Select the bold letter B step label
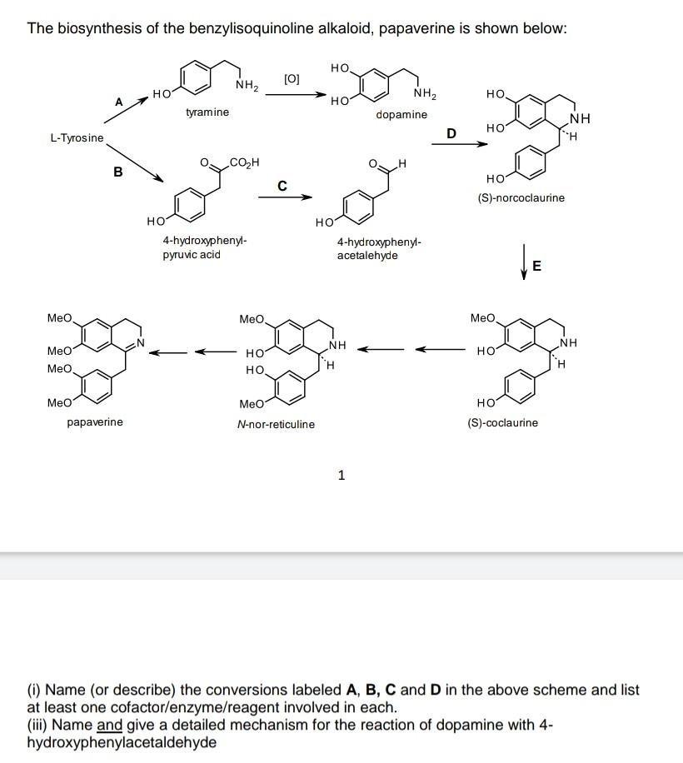(117, 172)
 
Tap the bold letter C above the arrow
(282, 185)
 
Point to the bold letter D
(451, 132)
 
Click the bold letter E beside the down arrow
(536, 267)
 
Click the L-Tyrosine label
(77, 137)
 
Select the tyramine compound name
(207, 112)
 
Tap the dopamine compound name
(401, 114)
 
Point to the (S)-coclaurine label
(503, 422)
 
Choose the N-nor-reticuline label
(276, 424)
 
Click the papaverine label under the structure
(94, 421)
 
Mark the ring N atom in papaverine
(142, 342)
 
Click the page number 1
(341, 476)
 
